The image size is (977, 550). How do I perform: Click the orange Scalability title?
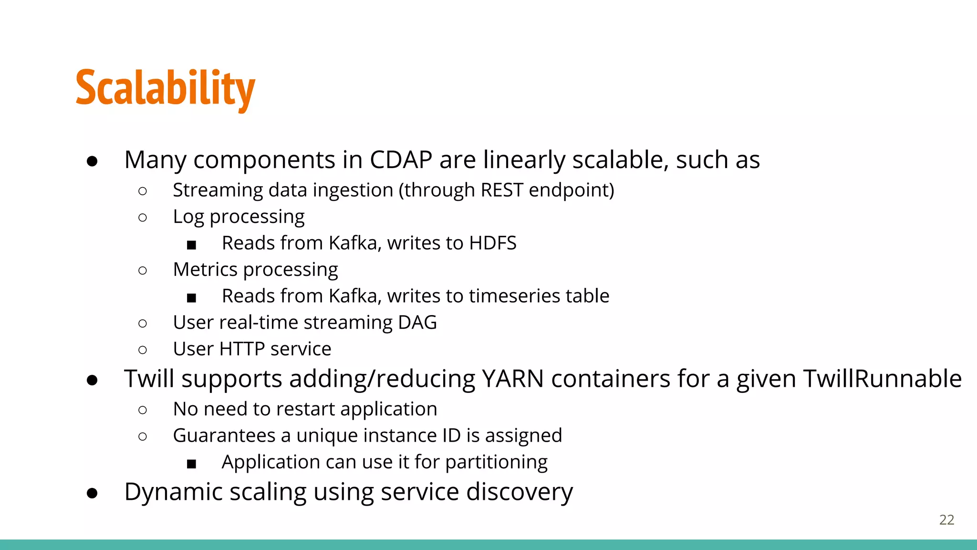pyautogui.click(x=165, y=88)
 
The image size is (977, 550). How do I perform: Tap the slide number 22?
pyautogui.click(x=946, y=520)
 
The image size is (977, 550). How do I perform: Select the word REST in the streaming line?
pyautogui.click(x=502, y=190)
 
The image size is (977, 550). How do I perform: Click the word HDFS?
pyautogui.click(x=492, y=243)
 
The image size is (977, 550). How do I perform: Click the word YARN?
pyautogui.click(x=513, y=379)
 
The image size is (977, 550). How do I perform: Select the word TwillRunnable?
pyautogui.click(x=882, y=379)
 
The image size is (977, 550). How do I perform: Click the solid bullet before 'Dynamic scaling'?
pyautogui.click(x=93, y=493)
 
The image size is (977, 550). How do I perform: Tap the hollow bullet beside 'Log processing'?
pyautogui.click(x=142, y=218)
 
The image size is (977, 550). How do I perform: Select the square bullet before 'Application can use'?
pyautogui.click(x=191, y=464)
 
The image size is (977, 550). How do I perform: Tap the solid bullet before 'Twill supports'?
pyautogui.click(x=93, y=381)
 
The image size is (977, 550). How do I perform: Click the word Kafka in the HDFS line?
pyautogui.click(x=354, y=243)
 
